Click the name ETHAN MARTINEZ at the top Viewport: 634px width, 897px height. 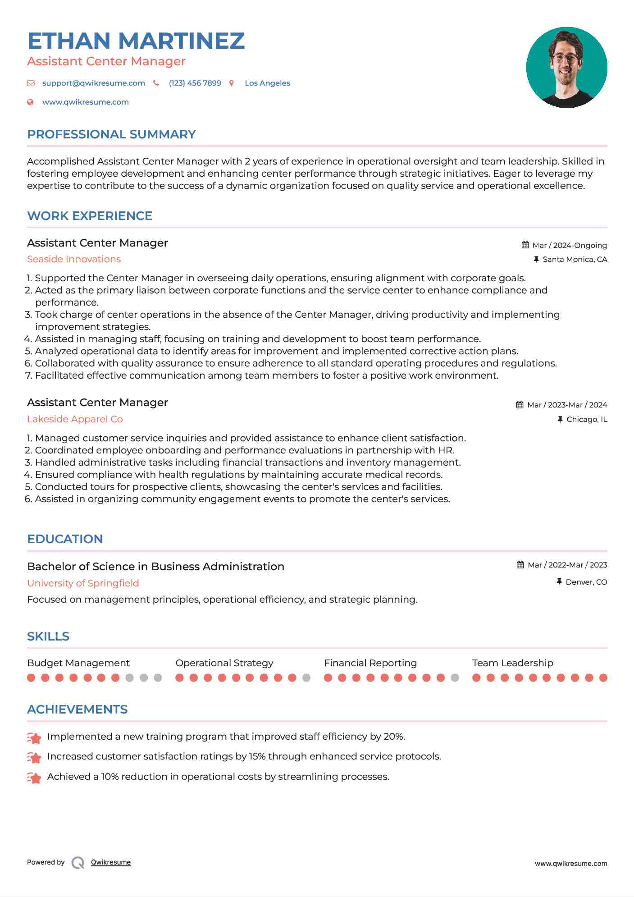pyautogui.click(x=136, y=41)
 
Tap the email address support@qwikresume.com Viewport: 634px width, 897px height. pyautogui.click(x=93, y=83)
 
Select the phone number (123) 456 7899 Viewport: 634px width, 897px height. pyautogui.click(x=195, y=83)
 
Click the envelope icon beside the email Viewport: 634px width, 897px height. pyautogui.click(x=31, y=83)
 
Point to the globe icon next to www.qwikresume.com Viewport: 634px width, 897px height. pyautogui.click(x=30, y=102)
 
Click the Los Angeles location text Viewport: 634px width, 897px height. pyautogui.click(x=267, y=83)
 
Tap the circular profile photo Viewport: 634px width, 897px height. pyautogui.click(x=566, y=67)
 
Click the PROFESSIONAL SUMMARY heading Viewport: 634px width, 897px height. pyautogui.click(x=111, y=134)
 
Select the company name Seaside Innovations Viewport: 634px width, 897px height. pyautogui.click(x=74, y=259)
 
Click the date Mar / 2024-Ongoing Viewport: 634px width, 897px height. pyautogui.click(x=570, y=245)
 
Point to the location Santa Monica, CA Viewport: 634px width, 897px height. pyautogui.click(x=575, y=259)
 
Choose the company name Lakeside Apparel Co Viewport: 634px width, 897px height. pyautogui.click(x=75, y=419)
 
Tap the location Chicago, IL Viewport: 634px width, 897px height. pyautogui.click(x=587, y=419)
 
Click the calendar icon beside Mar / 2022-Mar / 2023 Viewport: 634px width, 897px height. pyautogui.click(x=520, y=565)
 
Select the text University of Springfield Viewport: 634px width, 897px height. pyautogui.click(x=83, y=583)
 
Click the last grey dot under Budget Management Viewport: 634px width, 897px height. pyautogui.click(x=158, y=677)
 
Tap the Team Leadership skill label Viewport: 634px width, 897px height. pyautogui.click(x=512, y=663)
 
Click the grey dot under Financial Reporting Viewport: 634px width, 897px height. pyautogui.click(x=455, y=677)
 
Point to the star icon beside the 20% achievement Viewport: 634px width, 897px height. pyautogui.click(x=34, y=738)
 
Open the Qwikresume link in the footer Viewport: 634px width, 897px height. pyautogui.click(x=111, y=862)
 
